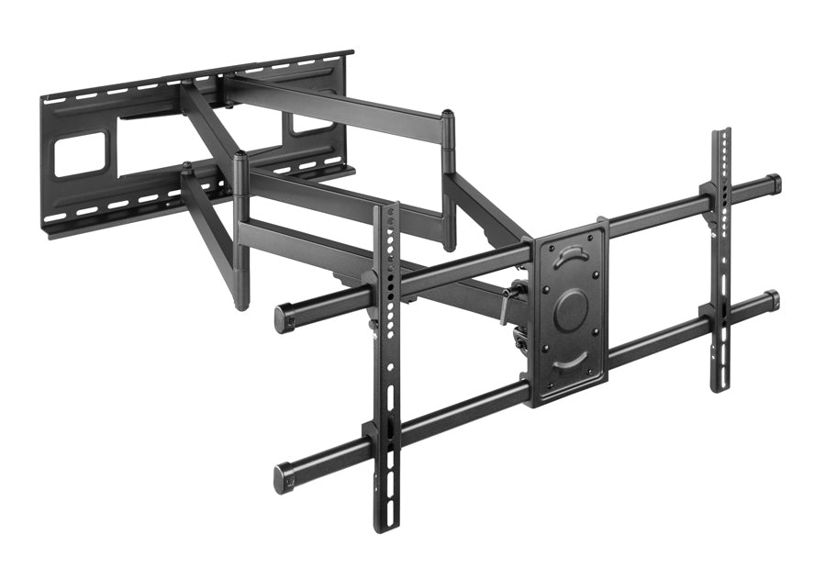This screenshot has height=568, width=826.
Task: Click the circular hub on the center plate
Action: [571, 309]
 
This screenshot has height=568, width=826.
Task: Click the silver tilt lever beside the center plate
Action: [507, 306]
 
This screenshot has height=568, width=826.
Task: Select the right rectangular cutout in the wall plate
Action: [307, 125]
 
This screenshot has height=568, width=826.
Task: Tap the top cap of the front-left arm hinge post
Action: [240, 156]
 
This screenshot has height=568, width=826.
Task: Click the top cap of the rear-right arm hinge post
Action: [448, 115]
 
